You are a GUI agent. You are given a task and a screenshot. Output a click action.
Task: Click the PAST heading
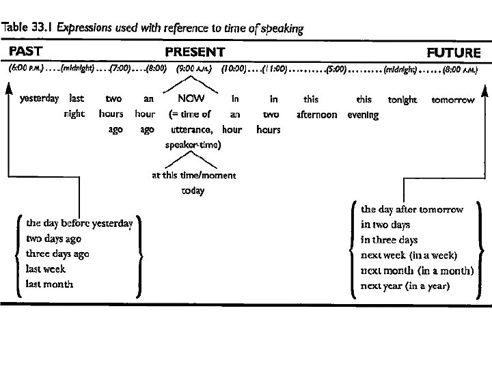(25, 51)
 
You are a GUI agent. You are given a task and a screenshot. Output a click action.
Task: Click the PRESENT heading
(195, 51)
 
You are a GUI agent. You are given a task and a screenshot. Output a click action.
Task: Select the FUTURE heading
(454, 52)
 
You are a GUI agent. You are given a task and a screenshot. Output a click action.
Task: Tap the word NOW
(191, 100)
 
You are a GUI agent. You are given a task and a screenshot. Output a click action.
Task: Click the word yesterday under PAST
(40, 100)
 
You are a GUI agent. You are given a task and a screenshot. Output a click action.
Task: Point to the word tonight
(402, 100)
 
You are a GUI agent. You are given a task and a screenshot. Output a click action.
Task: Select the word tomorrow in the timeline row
(452, 100)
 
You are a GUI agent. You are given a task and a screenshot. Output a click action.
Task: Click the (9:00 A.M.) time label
(194, 69)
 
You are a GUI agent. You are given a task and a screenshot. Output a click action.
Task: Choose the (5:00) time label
(336, 69)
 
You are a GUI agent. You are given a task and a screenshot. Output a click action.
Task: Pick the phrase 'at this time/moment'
(193, 175)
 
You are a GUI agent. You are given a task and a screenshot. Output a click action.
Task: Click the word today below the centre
(193, 191)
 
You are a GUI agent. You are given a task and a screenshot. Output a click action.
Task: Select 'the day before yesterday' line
(79, 223)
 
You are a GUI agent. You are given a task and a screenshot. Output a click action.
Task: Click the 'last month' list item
(49, 284)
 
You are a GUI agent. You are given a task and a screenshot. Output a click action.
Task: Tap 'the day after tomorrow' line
(412, 209)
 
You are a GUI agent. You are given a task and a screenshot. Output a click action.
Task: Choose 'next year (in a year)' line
(405, 286)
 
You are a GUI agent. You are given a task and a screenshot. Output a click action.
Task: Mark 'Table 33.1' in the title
(28, 29)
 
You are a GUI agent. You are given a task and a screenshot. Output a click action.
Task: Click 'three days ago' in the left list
(57, 254)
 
